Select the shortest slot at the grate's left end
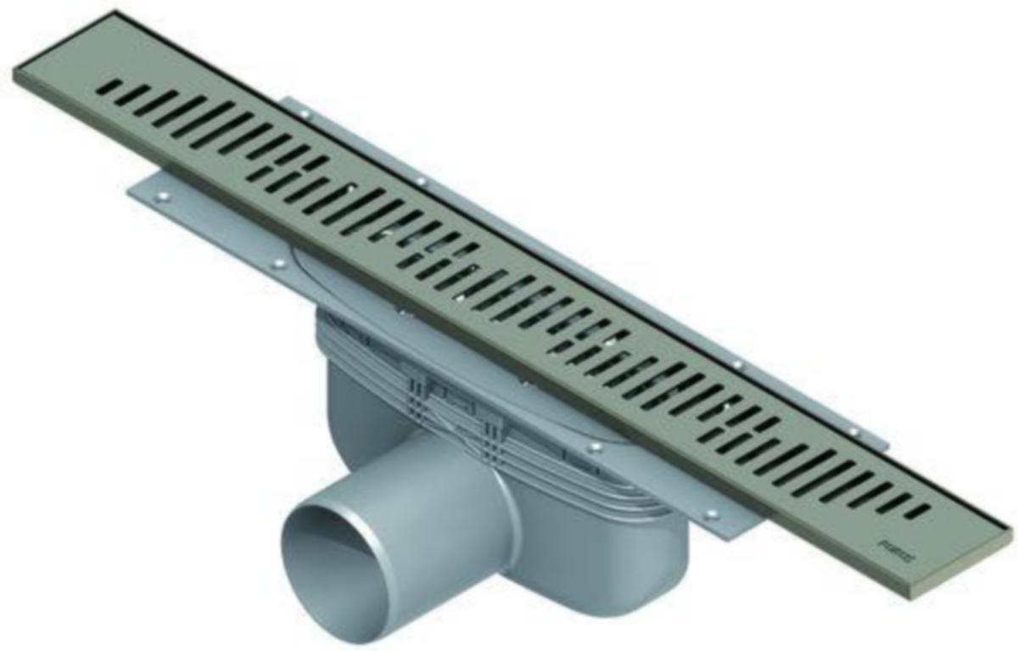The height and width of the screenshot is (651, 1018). (x=107, y=87)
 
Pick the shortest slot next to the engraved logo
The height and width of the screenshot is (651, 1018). (x=916, y=512)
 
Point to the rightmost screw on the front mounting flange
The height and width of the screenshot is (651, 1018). (x=711, y=514)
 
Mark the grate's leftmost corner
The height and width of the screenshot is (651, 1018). (x=14, y=73)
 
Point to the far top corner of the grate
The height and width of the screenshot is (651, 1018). (x=114, y=12)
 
